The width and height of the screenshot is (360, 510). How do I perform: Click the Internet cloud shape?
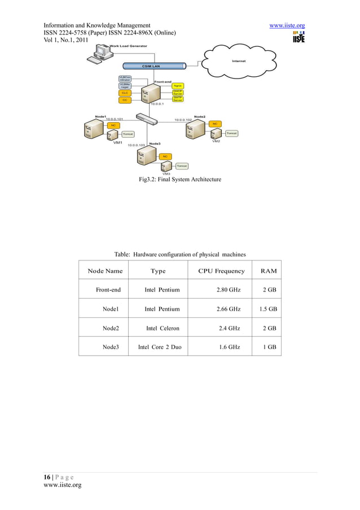point(242,60)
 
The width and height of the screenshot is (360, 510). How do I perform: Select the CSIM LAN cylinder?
point(151,66)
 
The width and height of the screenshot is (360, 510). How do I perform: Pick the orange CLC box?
point(125,93)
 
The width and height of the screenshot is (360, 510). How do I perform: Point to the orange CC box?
point(125,100)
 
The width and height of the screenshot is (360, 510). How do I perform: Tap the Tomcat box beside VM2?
point(232,133)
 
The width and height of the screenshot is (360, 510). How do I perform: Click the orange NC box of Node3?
point(165,156)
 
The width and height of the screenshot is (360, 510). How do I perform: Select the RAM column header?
point(269,271)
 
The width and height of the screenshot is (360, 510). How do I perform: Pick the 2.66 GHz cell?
point(229,309)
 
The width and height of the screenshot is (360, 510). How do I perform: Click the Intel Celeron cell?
point(162,328)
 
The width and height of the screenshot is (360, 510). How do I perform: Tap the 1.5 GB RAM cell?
point(268,309)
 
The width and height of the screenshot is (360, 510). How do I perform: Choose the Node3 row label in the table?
point(111,347)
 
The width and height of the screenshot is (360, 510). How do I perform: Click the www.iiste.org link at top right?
point(288,25)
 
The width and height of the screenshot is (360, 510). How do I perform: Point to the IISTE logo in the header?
point(298,37)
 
